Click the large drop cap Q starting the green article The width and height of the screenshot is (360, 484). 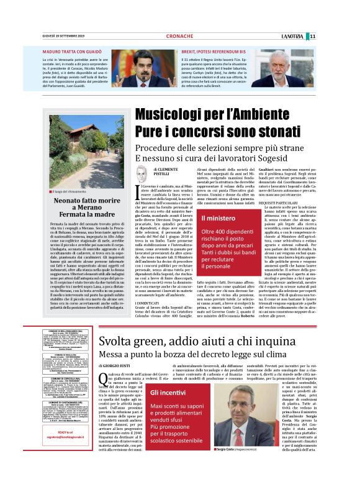pos(104,380)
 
